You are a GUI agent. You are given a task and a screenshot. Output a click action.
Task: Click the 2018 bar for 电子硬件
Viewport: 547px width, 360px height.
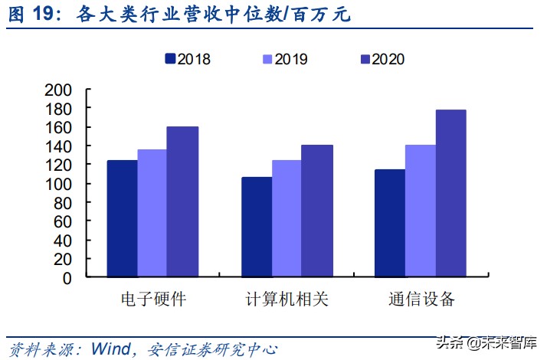coord(122,219)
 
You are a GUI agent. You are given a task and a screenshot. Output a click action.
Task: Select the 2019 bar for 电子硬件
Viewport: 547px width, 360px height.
coord(152,214)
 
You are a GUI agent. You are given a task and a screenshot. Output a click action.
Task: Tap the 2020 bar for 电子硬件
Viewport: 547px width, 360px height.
coord(182,202)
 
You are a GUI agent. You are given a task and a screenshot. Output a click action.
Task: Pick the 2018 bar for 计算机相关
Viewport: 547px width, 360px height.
coord(257,227)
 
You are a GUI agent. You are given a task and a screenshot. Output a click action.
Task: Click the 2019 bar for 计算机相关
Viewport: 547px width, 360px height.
coord(287,219)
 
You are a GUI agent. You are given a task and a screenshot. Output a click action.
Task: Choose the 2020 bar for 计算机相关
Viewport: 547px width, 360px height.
coord(316,211)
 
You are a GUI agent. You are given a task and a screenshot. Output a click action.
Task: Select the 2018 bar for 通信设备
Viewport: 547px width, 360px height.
coord(390,224)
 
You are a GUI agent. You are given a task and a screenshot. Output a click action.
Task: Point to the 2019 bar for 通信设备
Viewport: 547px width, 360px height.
coord(421,211)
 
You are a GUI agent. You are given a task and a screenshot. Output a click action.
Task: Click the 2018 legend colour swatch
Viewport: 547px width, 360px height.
coord(170,58)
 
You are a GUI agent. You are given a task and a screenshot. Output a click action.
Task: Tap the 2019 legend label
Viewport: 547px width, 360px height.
coord(291,59)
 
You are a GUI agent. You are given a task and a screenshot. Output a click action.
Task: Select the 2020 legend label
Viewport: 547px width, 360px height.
coord(388,59)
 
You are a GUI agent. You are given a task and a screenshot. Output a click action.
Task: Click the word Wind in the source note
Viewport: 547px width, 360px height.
coord(110,349)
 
